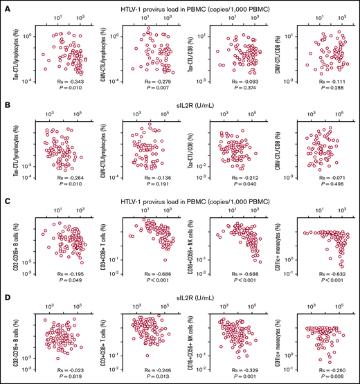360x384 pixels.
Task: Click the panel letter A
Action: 6,6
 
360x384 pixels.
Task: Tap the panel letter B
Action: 6,100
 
